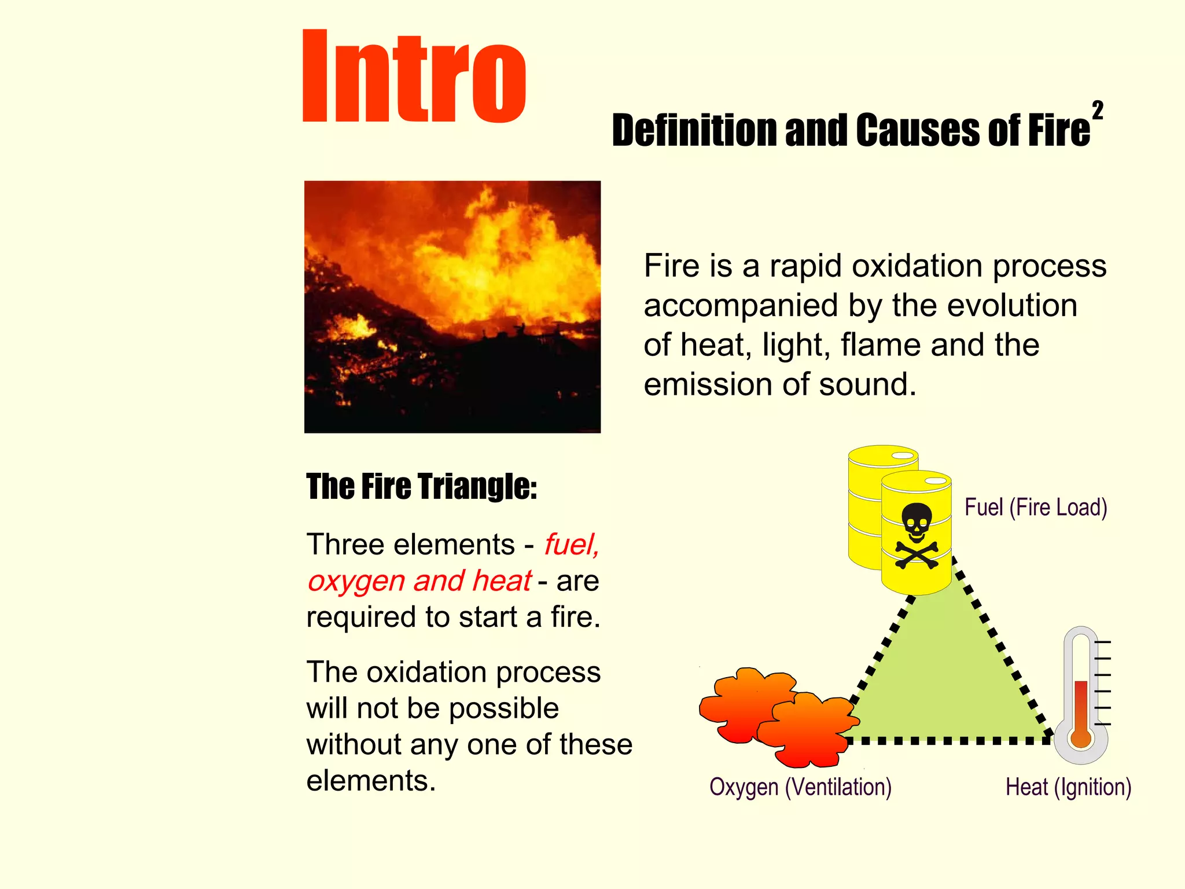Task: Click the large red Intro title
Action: [x=414, y=76]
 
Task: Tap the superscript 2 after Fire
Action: [x=1097, y=110]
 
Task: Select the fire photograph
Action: [x=452, y=306]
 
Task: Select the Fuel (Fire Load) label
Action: [x=1036, y=508]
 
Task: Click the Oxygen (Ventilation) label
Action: [x=800, y=787]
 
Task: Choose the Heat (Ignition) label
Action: [x=1068, y=787]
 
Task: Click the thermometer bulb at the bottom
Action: [x=1081, y=739]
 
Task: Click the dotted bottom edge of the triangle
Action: [x=949, y=740]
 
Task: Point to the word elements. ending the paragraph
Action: [x=370, y=781]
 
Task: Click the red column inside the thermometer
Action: [x=1081, y=703]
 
